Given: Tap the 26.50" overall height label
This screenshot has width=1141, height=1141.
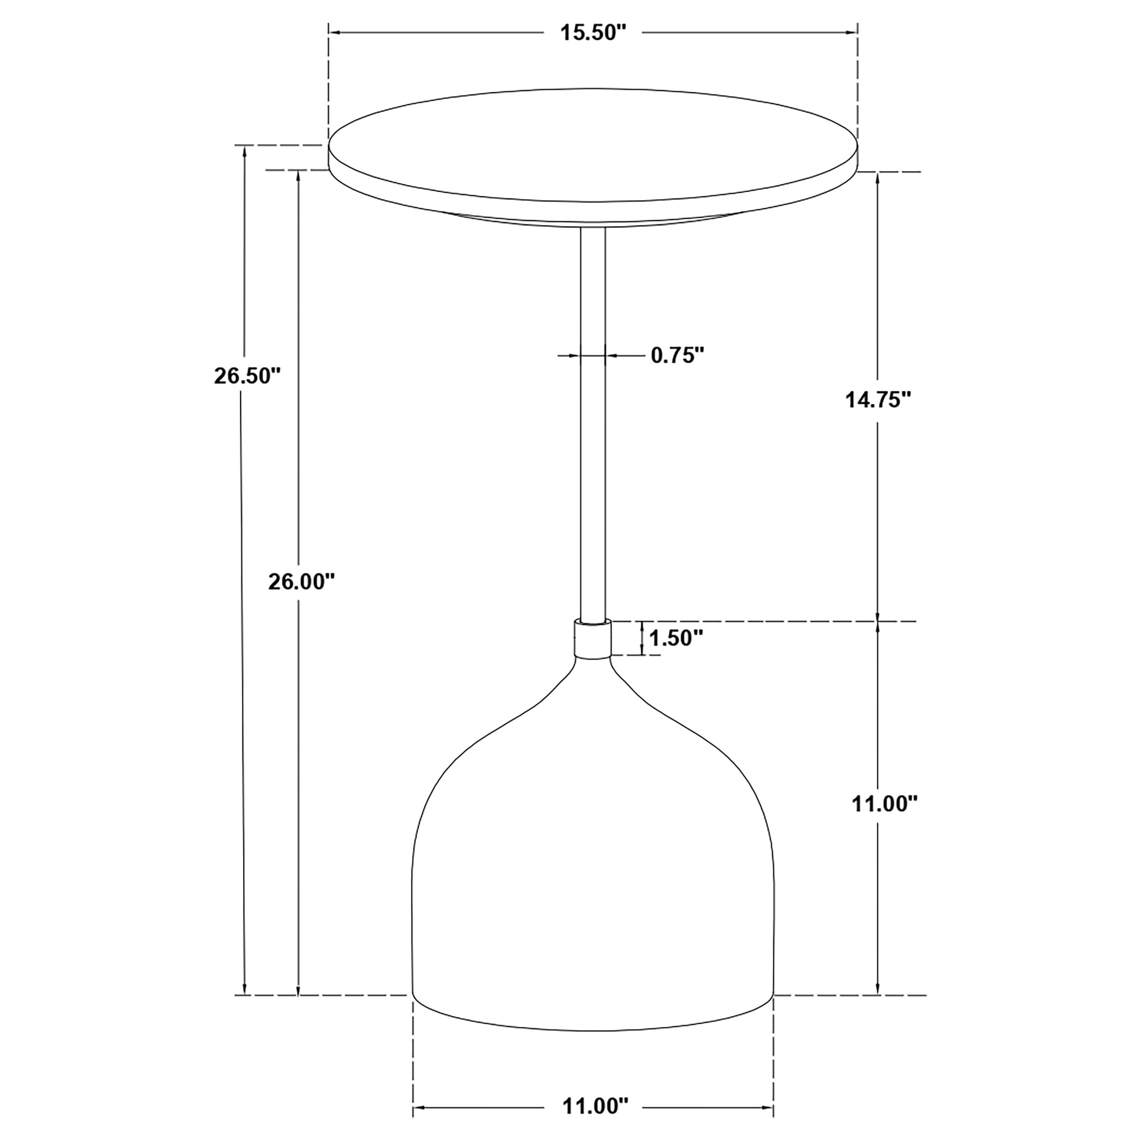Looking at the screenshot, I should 246,376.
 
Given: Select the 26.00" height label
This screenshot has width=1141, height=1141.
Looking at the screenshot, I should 301,582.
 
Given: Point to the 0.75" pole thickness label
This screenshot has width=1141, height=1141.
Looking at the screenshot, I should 677,355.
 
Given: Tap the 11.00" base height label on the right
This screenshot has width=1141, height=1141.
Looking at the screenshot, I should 884,803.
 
